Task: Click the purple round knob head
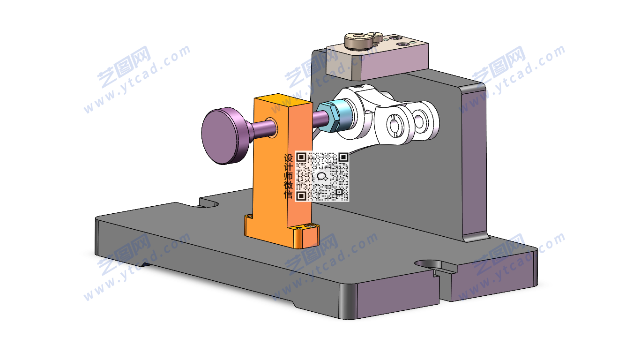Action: pyautogui.click(x=222, y=136)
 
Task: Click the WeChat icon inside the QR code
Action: pyautogui.click(x=322, y=177)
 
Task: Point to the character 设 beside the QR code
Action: pyautogui.click(x=288, y=158)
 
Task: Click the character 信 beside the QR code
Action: pyautogui.click(x=288, y=195)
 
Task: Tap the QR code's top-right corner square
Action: pyautogui.click(x=343, y=157)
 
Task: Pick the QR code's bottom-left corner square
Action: pyautogui.click(x=301, y=195)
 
